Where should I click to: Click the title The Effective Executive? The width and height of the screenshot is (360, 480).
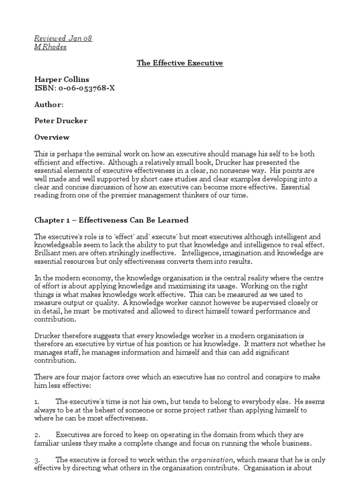click(x=180, y=63)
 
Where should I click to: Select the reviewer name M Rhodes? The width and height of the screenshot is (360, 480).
click(x=51, y=47)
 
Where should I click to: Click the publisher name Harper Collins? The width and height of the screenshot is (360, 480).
click(x=62, y=79)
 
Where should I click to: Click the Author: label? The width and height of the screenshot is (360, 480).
click(x=49, y=104)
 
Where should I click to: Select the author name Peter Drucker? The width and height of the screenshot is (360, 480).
click(x=61, y=120)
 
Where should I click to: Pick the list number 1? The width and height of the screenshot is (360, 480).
click(x=37, y=402)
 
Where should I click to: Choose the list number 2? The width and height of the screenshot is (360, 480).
click(x=37, y=435)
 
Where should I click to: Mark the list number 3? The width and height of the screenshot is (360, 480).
click(x=37, y=460)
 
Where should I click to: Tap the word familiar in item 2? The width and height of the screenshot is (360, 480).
click(x=47, y=443)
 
